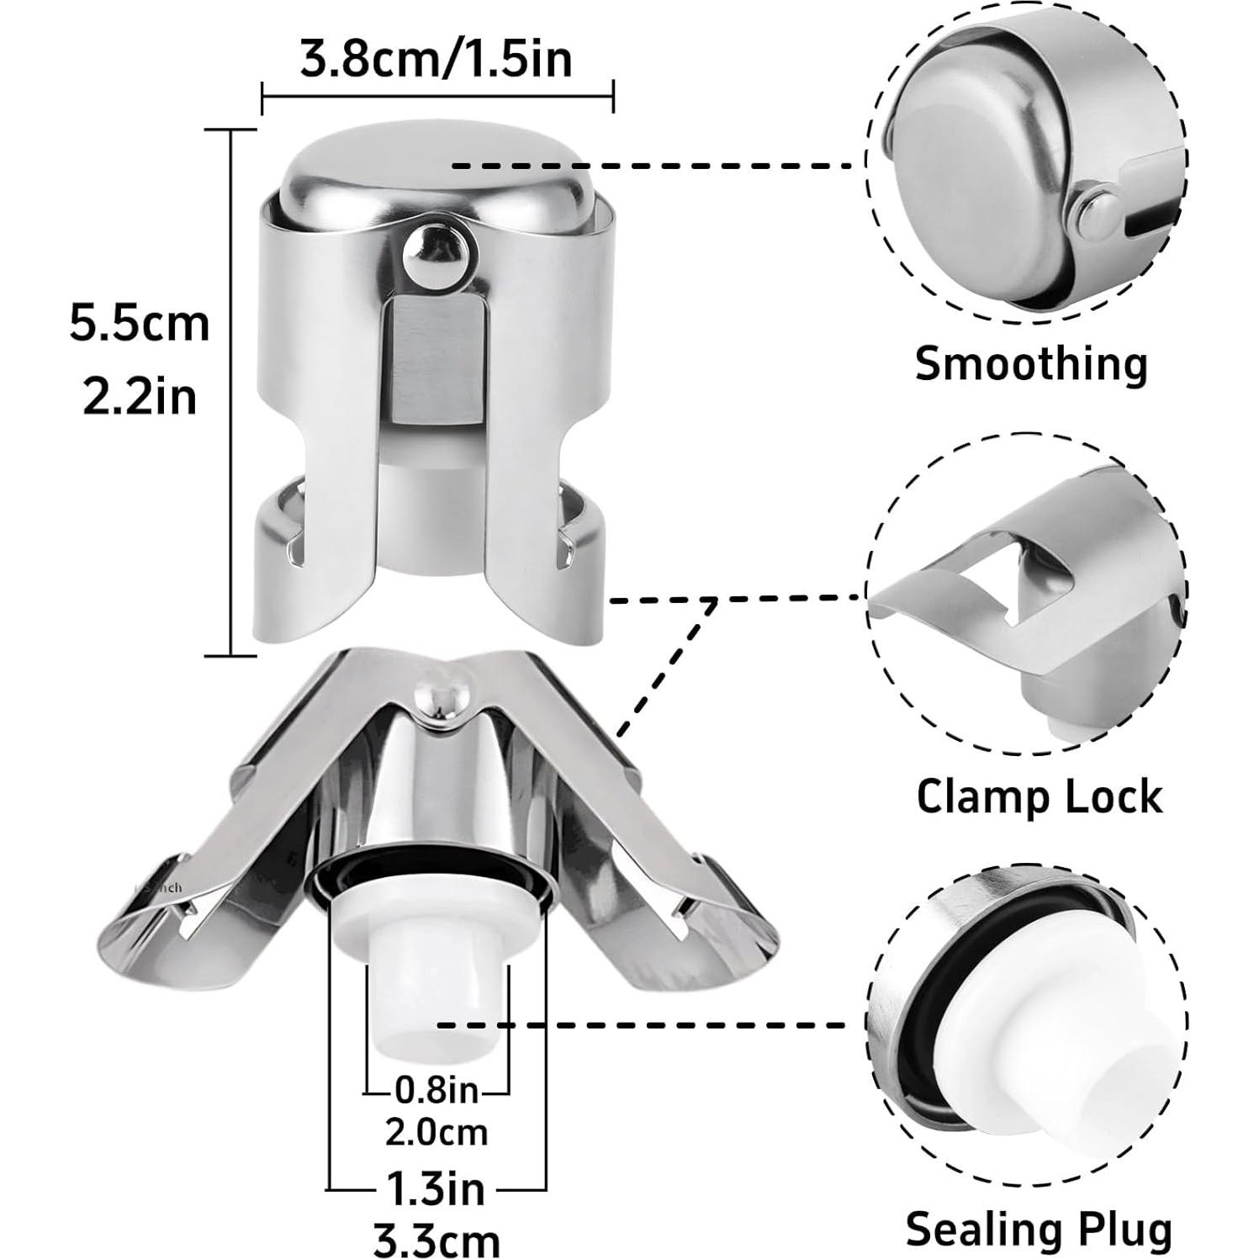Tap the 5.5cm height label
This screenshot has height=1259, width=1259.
pos(140,324)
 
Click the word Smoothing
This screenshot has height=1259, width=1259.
pos(1031,364)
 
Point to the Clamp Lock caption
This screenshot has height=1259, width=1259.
pos(1039,796)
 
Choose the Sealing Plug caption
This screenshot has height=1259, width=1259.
pos(1039,1229)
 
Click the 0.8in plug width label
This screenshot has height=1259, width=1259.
pos(436,1091)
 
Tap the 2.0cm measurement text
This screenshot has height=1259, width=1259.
pos(436,1132)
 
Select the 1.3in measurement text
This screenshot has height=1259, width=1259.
pos(436,1188)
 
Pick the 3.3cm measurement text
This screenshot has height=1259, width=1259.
pos(436,1239)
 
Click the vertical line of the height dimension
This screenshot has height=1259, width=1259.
pos(231,391)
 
